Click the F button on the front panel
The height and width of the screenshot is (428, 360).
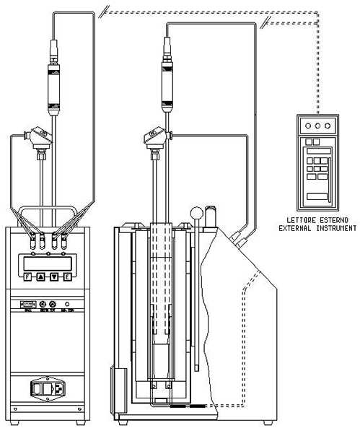click(x=27, y=276)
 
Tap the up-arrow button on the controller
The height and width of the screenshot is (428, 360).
click(x=40, y=276)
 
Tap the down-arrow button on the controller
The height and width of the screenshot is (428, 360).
click(x=54, y=276)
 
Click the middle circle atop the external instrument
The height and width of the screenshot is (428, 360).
click(x=317, y=124)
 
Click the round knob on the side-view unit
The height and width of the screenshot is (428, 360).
click(x=195, y=213)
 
